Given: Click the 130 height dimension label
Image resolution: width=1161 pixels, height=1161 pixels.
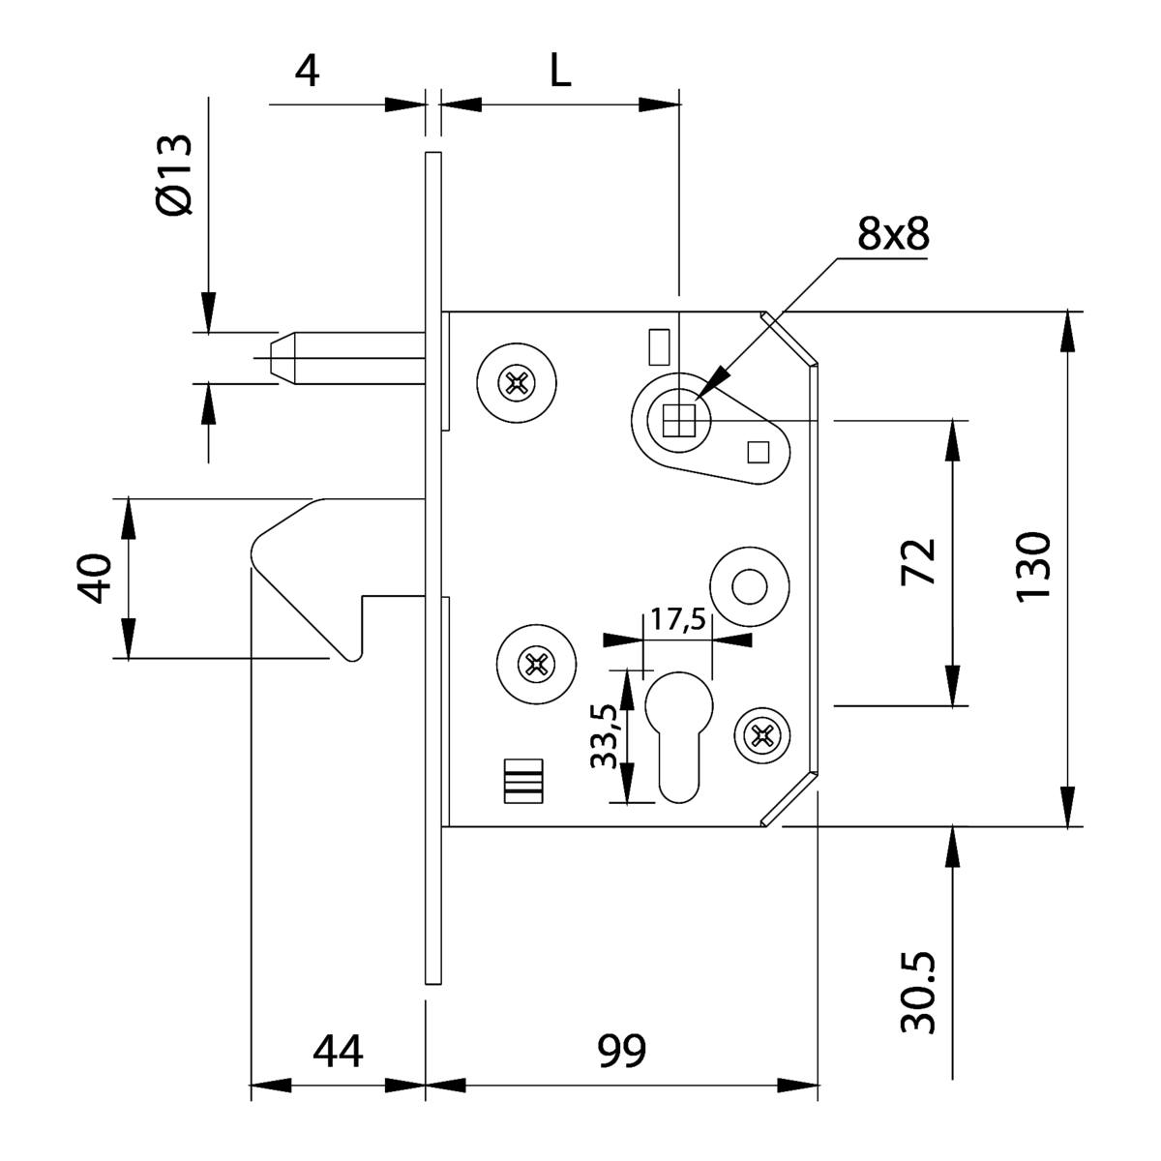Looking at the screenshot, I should (x=1033, y=566).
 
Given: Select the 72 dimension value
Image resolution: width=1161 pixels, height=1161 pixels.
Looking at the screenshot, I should (x=919, y=562).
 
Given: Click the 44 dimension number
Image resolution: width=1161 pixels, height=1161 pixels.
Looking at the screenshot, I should (x=338, y=1050).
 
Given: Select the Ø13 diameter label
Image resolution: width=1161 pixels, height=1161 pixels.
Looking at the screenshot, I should (x=174, y=174).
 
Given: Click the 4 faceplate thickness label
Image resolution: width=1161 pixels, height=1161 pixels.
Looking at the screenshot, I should (x=307, y=71).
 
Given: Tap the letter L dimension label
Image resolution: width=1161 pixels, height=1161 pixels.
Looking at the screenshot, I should (x=561, y=70).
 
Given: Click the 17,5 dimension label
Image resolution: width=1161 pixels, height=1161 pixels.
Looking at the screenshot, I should (x=677, y=619).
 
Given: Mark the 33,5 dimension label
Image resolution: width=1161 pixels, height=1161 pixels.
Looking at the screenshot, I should (x=606, y=736).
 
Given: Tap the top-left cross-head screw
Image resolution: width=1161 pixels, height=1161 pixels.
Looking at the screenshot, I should (x=517, y=383).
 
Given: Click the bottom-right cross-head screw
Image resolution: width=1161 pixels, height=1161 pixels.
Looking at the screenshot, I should (x=763, y=737).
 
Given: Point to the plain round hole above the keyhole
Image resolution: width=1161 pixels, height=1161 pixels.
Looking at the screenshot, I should (x=749, y=586).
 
